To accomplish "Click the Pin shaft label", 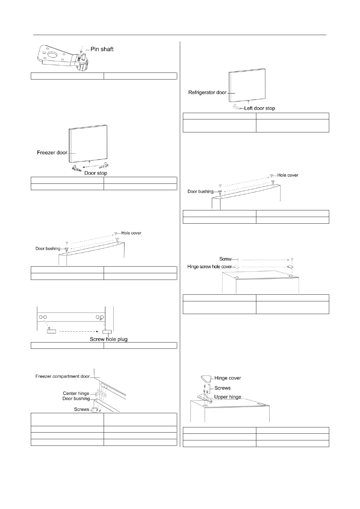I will [x=102, y=49].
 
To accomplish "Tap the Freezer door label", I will [x=52, y=153].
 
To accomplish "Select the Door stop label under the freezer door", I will [x=96, y=173].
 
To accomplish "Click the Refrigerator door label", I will [x=207, y=92].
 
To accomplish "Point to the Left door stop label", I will [x=260, y=108].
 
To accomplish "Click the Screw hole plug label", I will [x=109, y=339].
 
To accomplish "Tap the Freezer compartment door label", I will [x=63, y=376].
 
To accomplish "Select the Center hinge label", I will [x=76, y=393].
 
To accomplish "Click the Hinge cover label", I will [x=228, y=378].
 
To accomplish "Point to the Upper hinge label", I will [x=228, y=397].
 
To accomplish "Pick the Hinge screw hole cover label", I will [x=209, y=267].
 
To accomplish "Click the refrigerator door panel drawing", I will [x=248, y=85].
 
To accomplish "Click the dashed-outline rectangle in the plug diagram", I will [x=51, y=331].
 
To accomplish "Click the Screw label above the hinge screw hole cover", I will [x=225, y=259].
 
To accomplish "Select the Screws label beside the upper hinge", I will [x=222, y=388].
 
